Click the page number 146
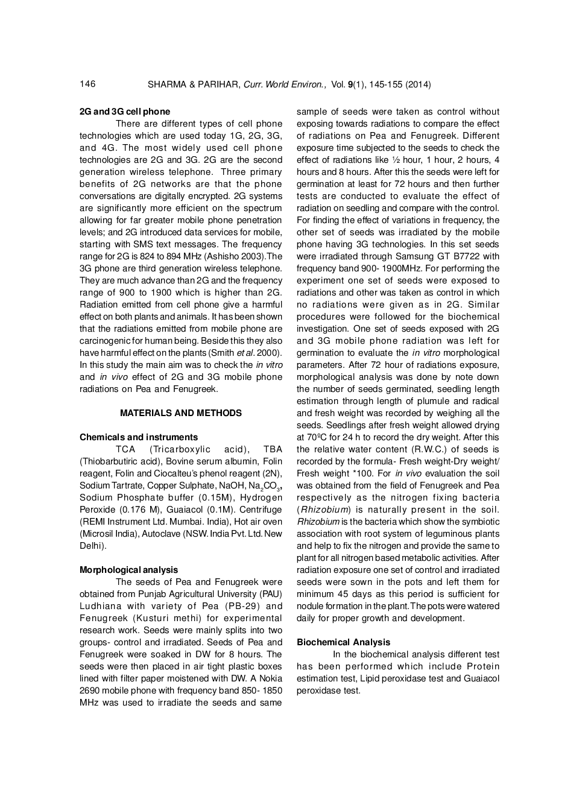pyautogui.click(x=87, y=84)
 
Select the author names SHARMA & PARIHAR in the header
pyautogui.click(x=194, y=84)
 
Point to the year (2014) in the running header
pyautogui.click(x=418, y=84)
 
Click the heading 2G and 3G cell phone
pyautogui.click(x=125, y=112)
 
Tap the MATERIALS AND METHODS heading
pyautogui.click(x=181, y=413)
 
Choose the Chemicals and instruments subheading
pyautogui.click(x=139, y=437)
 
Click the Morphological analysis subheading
pyautogui.click(x=129, y=570)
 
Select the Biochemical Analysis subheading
pyautogui.click(x=343, y=642)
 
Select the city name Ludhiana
pyautogui.click(x=100, y=606)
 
